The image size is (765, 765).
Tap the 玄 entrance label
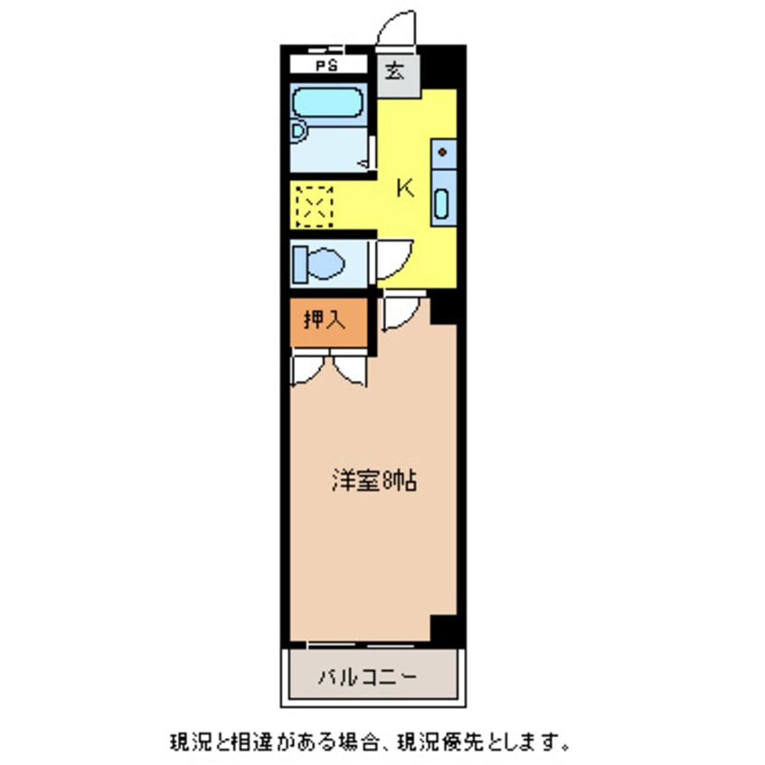tap(396, 71)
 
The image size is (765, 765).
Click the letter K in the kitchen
tap(406, 188)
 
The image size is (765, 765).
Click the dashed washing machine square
tap(315, 206)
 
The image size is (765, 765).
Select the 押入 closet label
tap(326, 319)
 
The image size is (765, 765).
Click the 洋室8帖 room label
tap(373, 483)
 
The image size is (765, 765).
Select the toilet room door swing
tap(394, 259)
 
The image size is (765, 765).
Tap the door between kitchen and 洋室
tap(398, 311)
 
